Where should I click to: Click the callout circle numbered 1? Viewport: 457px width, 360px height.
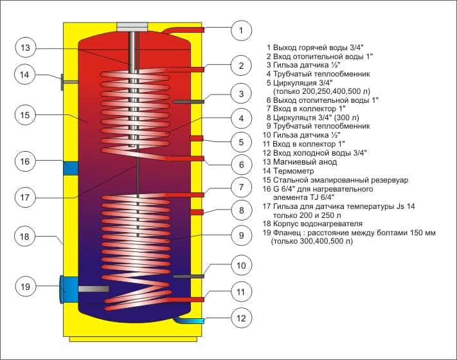[x=240, y=30]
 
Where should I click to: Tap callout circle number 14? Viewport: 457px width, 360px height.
[x=24, y=75]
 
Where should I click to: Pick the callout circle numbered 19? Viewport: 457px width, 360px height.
[x=24, y=287]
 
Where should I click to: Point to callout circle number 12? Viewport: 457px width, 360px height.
[x=240, y=316]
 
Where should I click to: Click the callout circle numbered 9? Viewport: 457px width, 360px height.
[x=240, y=237]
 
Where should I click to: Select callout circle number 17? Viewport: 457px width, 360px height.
[x=24, y=197]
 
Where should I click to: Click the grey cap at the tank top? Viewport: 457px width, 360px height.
[x=132, y=26]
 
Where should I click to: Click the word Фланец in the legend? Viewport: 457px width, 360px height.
[x=288, y=233]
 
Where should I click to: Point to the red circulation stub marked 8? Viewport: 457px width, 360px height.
[x=196, y=212]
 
